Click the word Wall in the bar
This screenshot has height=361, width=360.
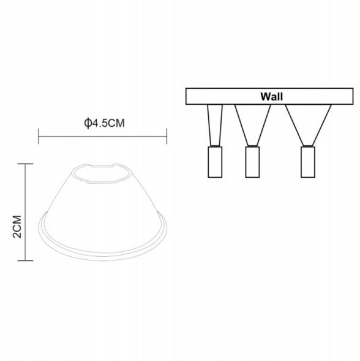coord(271,96)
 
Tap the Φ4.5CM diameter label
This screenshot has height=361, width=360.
coord(105,123)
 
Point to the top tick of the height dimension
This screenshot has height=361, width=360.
coord(25,164)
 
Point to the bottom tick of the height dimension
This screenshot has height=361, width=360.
coord(25,260)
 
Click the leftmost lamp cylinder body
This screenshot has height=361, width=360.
coord(215,162)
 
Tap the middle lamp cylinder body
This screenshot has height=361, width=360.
coord(252,163)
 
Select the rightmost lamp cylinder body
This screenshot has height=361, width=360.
coord(307,163)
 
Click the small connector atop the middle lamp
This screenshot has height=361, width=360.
coord(252,146)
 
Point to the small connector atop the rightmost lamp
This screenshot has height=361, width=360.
coord(307,146)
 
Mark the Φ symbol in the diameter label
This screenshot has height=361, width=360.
coord(89,123)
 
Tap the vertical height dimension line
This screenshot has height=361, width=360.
coord(25,212)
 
